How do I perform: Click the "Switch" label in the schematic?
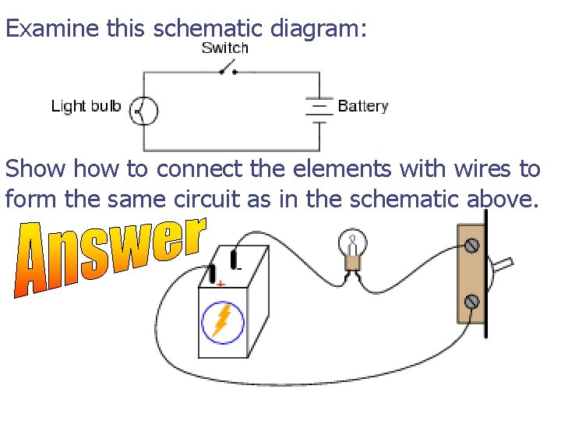pos(224,48)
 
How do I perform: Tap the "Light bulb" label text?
pos(86,106)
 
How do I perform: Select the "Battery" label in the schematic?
pos(362,106)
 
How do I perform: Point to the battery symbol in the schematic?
pos(319,108)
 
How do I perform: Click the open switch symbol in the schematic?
pos(228,71)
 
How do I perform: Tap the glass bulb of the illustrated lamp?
pos(351,241)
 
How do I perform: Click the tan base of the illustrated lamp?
pos(351,263)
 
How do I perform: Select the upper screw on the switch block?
pos(471,246)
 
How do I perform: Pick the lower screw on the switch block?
pos(471,301)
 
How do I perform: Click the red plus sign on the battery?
pos(221,285)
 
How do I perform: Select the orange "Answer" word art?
pos(109,253)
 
